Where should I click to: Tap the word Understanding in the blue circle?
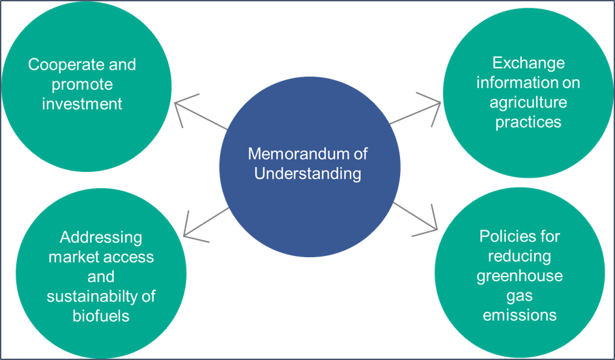click(307, 174)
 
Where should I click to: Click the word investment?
click(82, 104)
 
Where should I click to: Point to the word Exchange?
click(528, 63)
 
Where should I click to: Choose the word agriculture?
click(528, 103)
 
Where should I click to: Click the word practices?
click(528, 122)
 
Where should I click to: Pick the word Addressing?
click(101, 238)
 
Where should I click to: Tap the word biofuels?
click(101, 316)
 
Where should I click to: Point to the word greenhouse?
click(519, 276)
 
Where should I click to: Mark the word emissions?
click(519, 315)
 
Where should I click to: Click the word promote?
click(82, 85)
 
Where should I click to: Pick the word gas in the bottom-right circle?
click(520, 296)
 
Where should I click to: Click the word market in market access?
click(72, 257)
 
